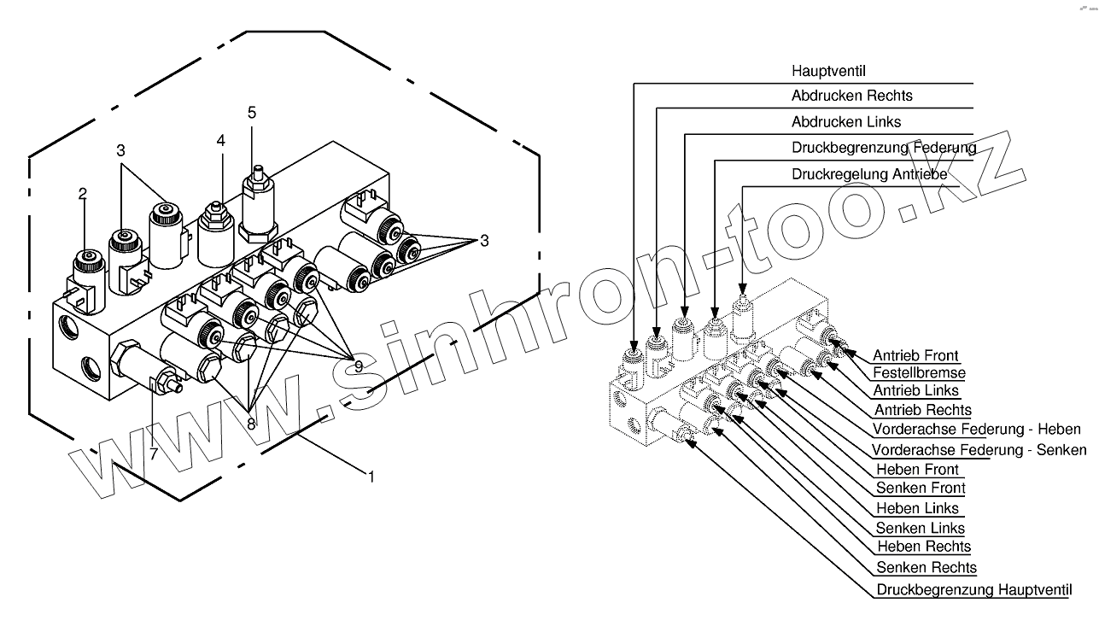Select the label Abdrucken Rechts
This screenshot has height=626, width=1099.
click(x=851, y=96)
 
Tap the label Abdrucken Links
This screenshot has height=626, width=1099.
click(x=845, y=122)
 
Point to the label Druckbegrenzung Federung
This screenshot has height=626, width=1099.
click(x=883, y=149)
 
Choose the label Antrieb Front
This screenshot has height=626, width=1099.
click(x=915, y=355)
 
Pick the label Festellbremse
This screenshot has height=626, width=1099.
click(x=919, y=373)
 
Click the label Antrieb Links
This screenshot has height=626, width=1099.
click(x=915, y=391)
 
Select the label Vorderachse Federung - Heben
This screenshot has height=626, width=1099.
click(x=976, y=429)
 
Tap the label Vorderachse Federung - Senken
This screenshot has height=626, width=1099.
click(x=979, y=449)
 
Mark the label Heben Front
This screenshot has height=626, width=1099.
click(x=917, y=469)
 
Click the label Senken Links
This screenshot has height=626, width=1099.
click(x=921, y=528)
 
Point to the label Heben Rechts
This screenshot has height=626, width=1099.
click(x=923, y=547)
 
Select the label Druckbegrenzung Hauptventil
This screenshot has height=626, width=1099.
click(x=973, y=589)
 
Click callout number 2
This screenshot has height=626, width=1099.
click(x=83, y=194)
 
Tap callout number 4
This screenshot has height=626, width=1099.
click(x=220, y=141)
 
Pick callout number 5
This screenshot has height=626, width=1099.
click(x=251, y=113)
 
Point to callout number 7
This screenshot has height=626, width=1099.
click(x=154, y=453)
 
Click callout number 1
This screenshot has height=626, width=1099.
click(x=371, y=477)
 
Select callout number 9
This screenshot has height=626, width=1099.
click(x=358, y=366)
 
